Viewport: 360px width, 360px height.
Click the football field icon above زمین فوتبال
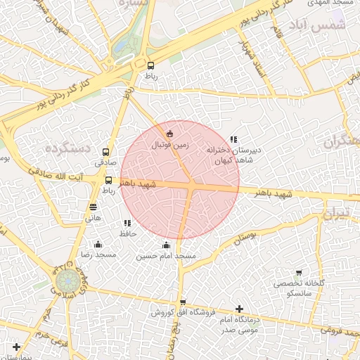point(169,134)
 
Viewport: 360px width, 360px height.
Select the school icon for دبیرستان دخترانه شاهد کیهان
point(233,139)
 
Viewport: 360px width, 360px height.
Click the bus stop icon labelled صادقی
point(106,152)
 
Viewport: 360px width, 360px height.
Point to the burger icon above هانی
point(94,207)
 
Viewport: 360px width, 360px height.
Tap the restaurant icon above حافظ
point(127,223)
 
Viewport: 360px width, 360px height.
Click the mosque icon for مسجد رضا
point(98,245)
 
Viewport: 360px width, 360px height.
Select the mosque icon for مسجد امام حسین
point(166,245)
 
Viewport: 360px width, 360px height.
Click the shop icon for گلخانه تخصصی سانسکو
point(299,272)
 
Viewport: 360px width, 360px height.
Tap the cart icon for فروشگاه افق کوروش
point(183,302)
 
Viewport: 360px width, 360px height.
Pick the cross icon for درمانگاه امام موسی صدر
point(240,309)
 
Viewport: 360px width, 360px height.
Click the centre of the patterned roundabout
point(64,283)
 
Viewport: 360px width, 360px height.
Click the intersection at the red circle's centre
point(191,185)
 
